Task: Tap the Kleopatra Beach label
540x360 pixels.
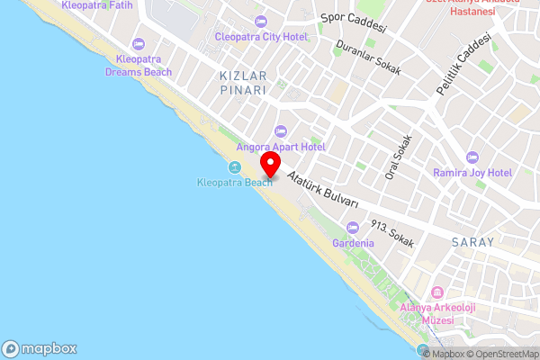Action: (234, 183)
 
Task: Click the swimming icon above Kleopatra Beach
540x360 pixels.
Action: (234, 167)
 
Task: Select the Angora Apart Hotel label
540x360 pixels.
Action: (280, 146)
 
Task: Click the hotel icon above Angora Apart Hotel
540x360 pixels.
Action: (280, 130)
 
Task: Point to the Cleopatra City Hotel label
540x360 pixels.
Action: (261, 37)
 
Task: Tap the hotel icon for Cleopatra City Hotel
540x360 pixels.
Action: (261, 22)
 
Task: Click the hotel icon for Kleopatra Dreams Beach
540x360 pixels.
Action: (138, 44)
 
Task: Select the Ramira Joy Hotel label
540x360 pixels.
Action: (472, 172)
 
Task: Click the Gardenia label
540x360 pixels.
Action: (352, 243)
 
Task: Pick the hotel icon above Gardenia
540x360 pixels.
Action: (352, 227)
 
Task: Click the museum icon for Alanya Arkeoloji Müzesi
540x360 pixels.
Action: (437, 293)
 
